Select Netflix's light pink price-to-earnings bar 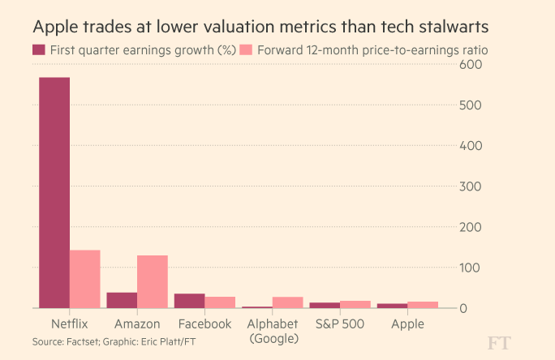tap(84, 279)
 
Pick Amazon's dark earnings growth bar tap(122, 300)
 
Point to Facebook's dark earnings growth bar tap(189, 301)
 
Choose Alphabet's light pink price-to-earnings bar tap(287, 302)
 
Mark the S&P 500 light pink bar tap(355, 304)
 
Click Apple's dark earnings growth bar tap(392, 306)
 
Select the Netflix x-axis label tap(69, 324)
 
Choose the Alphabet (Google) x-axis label tap(273, 331)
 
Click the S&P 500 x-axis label tap(340, 324)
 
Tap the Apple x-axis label tap(407, 324)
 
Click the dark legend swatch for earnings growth tap(38, 49)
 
